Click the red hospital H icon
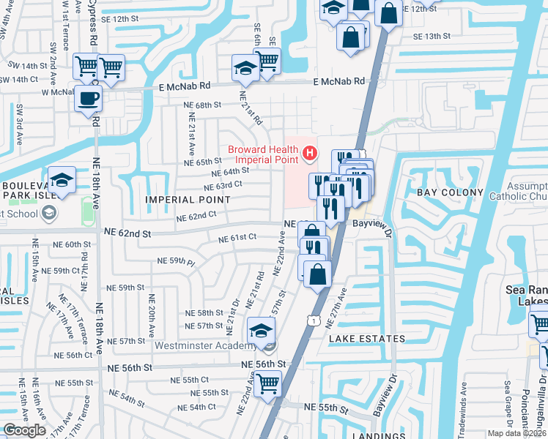pyautogui.click(x=310, y=153)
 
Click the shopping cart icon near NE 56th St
pyautogui.click(x=268, y=382)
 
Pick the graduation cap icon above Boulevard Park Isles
pyautogui.click(x=62, y=179)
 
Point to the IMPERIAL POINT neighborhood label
pyautogui.click(x=188, y=200)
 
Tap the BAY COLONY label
pyautogui.click(x=450, y=192)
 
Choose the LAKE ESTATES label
pyautogui.click(x=367, y=339)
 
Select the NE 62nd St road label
pyautogui.click(x=127, y=233)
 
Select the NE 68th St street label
pyautogui.click(x=202, y=105)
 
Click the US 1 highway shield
pyautogui.click(x=313, y=320)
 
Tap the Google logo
pyautogui.click(x=24, y=430)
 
